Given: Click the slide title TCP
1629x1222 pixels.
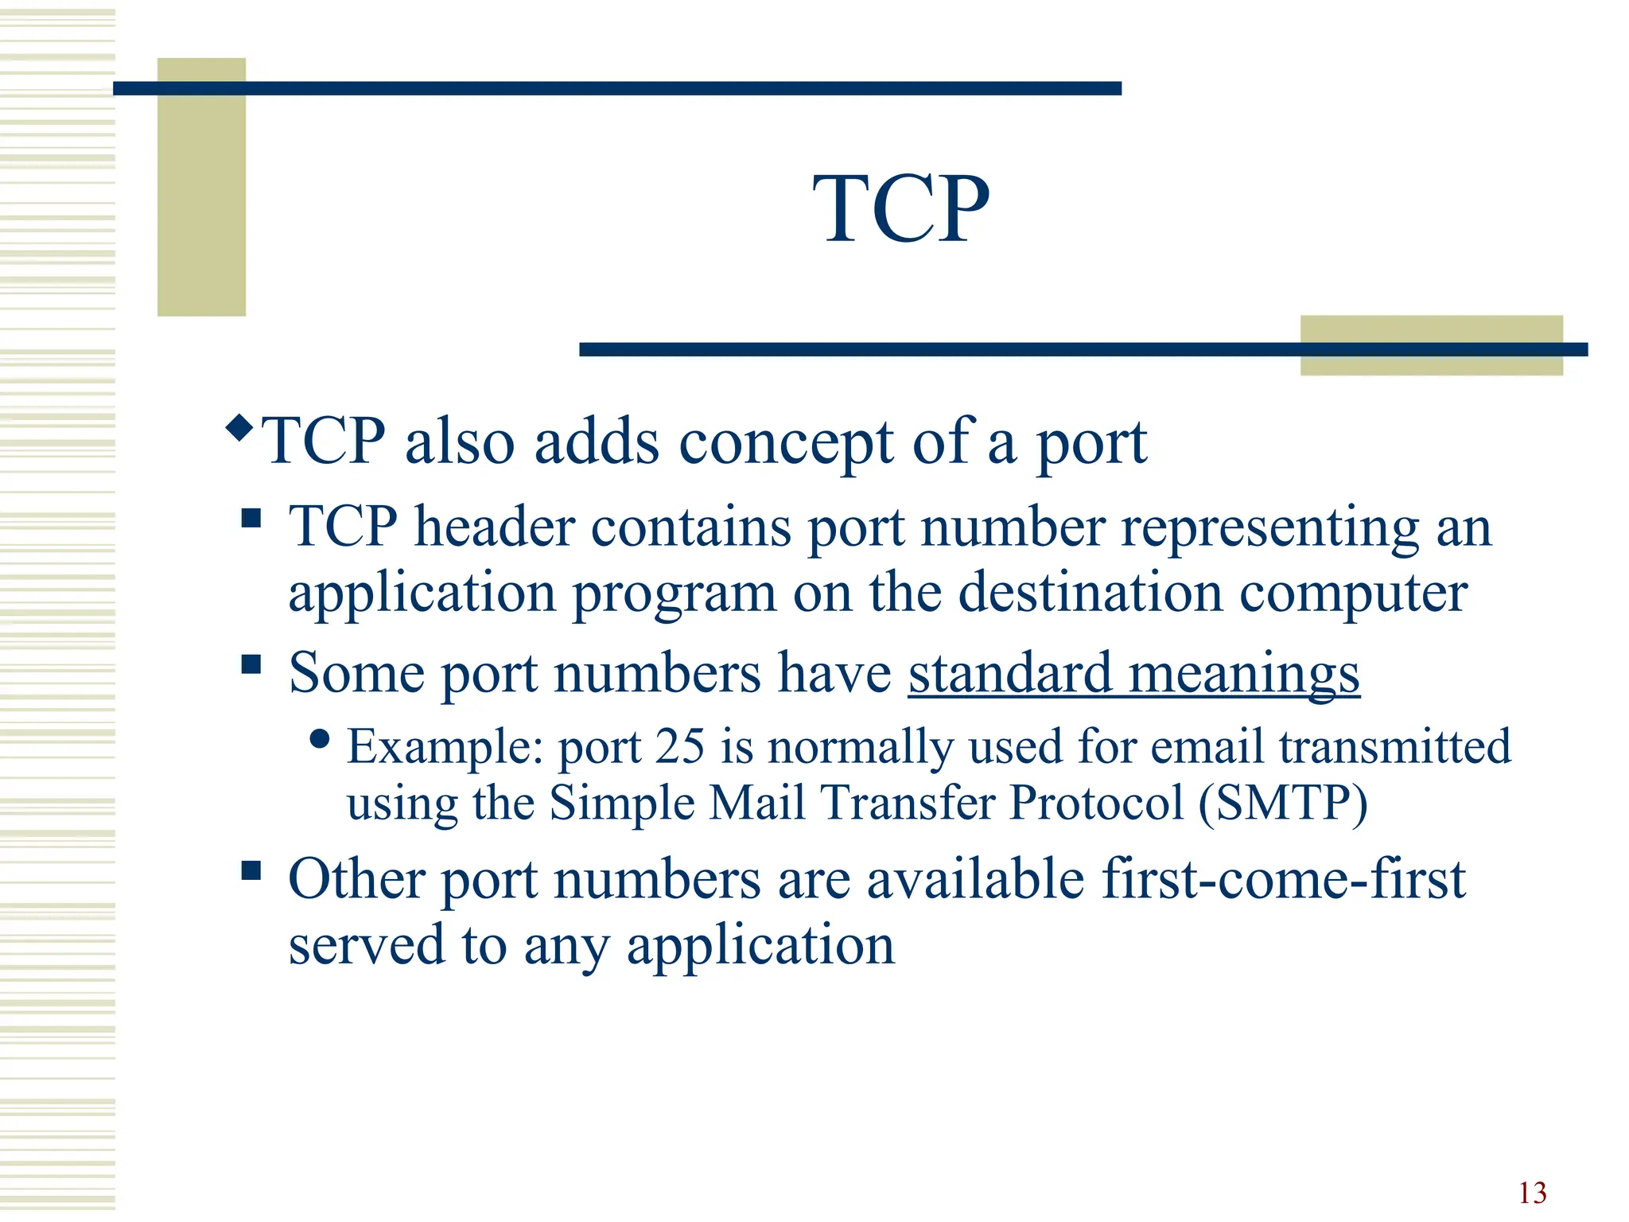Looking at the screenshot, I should [x=900, y=209].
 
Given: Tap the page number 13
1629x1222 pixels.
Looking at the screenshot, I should [x=1532, y=1193].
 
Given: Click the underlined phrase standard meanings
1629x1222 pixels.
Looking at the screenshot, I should [x=1133, y=674].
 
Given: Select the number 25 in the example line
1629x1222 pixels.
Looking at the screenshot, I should [x=680, y=747].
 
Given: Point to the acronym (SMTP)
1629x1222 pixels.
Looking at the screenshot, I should [x=1283, y=803].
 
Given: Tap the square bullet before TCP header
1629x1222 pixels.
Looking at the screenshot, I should [x=251, y=519].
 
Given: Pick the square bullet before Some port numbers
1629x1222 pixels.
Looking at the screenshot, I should [x=251, y=664].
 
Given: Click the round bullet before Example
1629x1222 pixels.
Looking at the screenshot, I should [x=320, y=740].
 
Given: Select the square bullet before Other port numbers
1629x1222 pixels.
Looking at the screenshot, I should [x=251, y=870].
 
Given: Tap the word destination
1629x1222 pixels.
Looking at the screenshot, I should [x=1090, y=593].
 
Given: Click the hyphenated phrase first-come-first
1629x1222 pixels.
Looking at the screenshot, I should [x=1283, y=880].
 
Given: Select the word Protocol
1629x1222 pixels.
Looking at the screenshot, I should [x=1097, y=803].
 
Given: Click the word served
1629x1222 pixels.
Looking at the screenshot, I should [x=367, y=946].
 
